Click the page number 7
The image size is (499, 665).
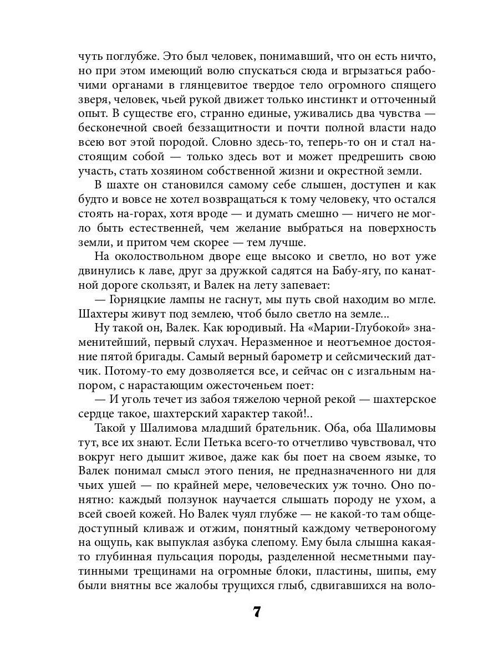tap(256, 612)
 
